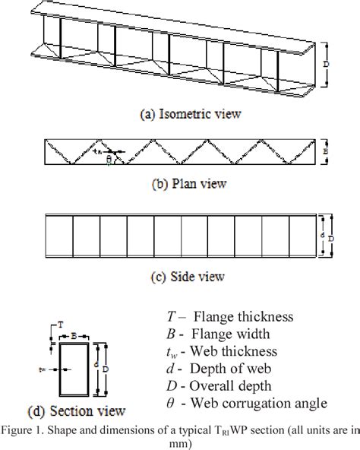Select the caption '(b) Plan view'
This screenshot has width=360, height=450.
[x=179, y=183]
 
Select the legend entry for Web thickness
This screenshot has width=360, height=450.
[x=223, y=352]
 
